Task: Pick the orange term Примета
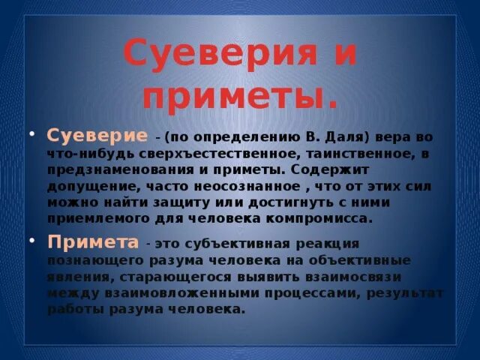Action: [x=94, y=244]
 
